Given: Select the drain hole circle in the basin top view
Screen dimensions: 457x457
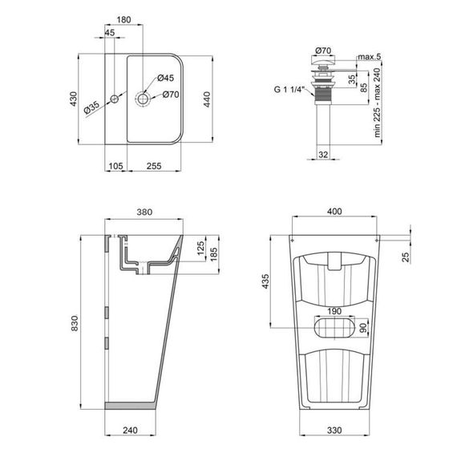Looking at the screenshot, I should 144,99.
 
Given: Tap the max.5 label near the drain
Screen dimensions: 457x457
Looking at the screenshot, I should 370,56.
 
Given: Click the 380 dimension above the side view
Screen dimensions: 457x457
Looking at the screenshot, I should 144,212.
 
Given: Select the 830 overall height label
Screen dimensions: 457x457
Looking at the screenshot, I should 73,322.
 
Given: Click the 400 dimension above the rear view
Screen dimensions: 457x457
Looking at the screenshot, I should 334,211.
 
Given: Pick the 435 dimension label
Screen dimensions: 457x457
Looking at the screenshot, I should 266,282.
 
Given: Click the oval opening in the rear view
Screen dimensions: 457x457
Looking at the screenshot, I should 334,329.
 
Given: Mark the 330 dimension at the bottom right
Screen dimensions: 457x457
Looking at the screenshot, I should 334,429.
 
